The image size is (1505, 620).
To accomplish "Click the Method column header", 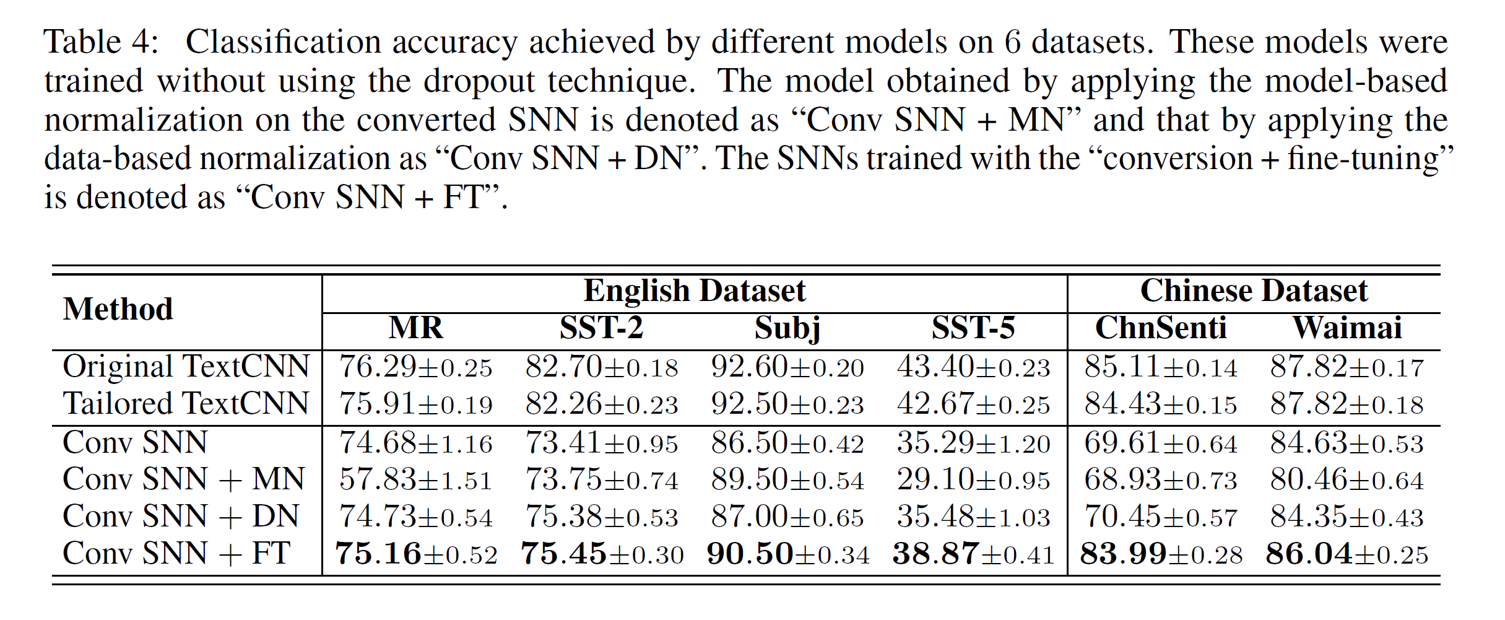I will point(118,309).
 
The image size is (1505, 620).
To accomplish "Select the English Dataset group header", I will point(694,291).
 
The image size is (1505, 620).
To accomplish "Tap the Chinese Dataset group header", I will point(1254,291).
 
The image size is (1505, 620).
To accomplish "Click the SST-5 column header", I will point(973,328).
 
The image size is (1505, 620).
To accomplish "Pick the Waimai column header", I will point(1347,328).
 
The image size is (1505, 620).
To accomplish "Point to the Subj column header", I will point(787,328).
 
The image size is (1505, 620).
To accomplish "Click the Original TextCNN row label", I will point(186,367).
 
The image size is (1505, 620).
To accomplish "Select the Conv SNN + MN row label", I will point(184,479).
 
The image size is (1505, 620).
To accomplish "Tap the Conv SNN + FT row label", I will point(176,554).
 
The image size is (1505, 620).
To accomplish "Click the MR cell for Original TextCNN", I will point(415,367).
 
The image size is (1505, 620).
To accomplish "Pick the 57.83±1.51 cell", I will point(415,480).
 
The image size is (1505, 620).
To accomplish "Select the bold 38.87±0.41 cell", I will point(973,554).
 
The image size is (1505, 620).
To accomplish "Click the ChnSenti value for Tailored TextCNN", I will point(1160,404).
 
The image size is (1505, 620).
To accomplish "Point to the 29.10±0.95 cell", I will point(973,480).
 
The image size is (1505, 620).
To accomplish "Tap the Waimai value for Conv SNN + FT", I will point(1347,554).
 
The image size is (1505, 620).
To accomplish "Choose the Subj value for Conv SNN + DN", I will point(787,517).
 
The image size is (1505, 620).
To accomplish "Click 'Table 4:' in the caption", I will point(101,43).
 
